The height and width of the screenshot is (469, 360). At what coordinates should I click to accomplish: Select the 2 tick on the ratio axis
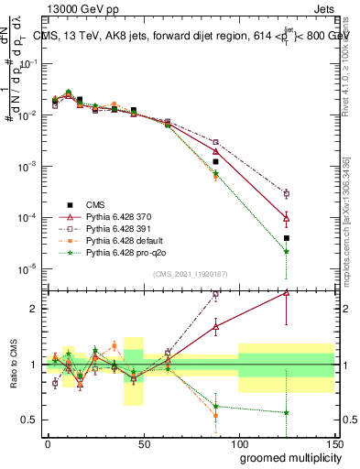pos(37,309)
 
